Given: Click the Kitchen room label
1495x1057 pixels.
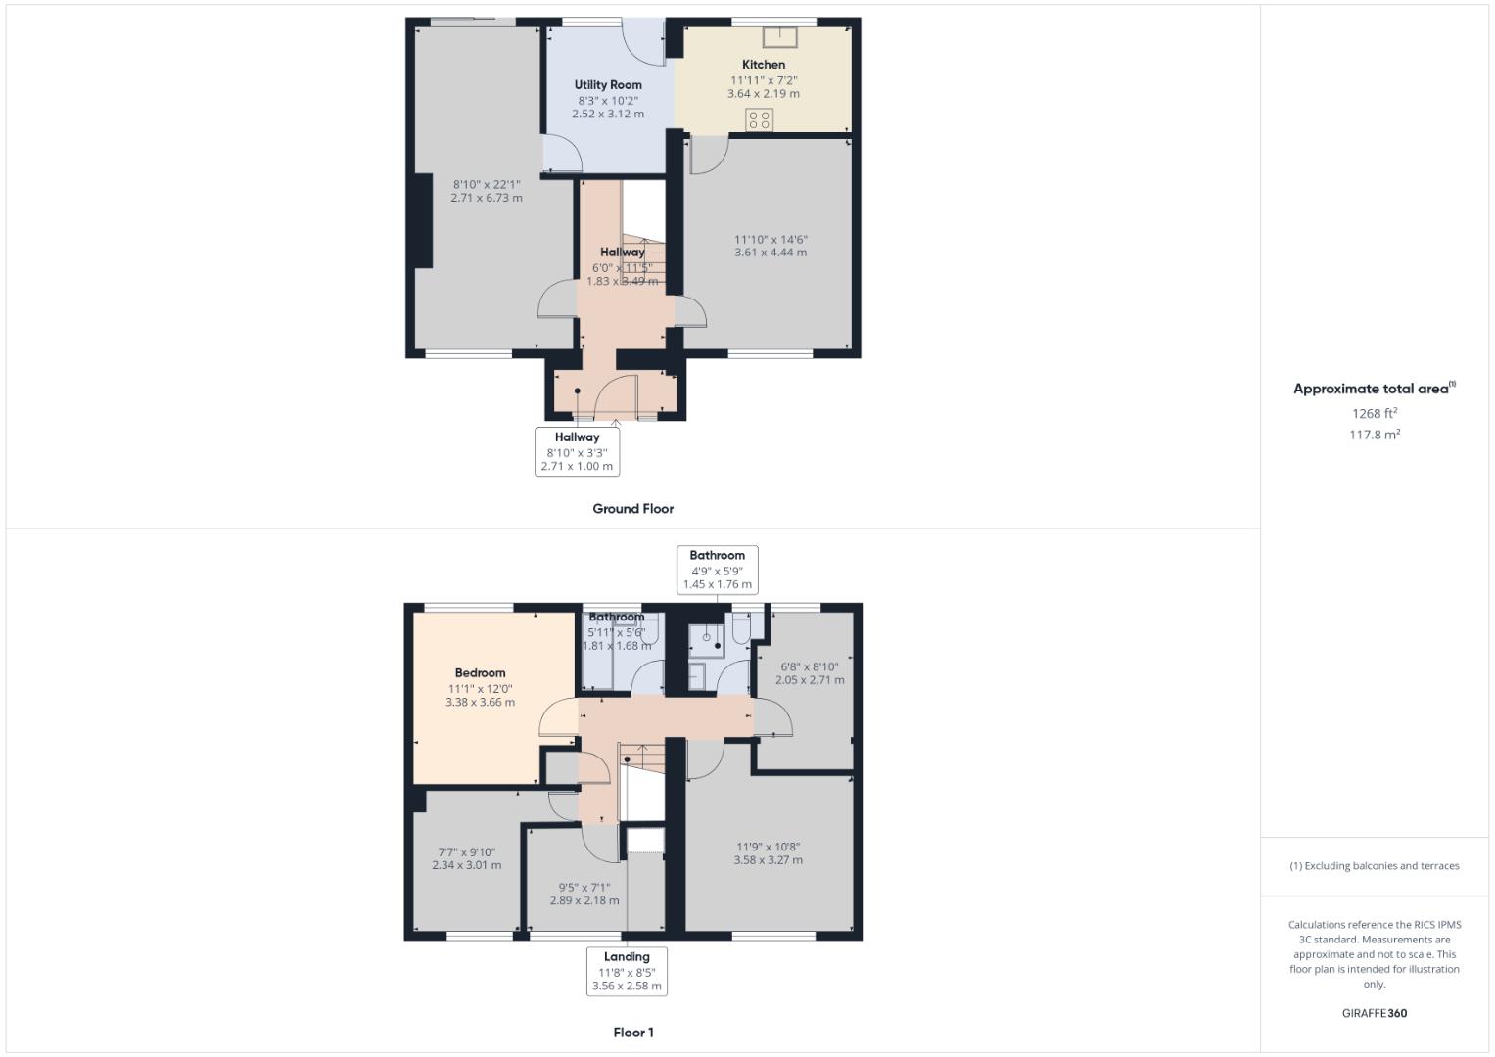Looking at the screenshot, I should (763, 65).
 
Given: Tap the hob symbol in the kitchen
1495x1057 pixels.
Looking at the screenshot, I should (760, 120).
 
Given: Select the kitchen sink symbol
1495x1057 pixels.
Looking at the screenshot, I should (780, 37).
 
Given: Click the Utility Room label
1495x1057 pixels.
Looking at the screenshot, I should (608, 85).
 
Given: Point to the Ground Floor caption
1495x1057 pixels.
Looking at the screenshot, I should (632, 509).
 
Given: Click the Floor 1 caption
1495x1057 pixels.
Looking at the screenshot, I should (632, 1033).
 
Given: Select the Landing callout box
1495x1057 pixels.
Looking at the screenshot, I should (627, 971).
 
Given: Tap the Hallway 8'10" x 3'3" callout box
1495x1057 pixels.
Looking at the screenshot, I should (577, 451).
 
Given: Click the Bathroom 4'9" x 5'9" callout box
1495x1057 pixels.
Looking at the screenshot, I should (717, 570).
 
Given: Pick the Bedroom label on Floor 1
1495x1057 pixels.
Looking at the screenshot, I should (480, 673).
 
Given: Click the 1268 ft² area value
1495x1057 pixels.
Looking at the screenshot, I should (1374, 413).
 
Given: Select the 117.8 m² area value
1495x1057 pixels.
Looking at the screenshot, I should (1374, 435).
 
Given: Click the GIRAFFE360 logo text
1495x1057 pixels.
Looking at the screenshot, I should (1374, 1013).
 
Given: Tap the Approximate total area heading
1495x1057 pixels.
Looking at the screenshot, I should (1373, 389).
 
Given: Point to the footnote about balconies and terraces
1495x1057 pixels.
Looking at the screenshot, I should (1374, 866).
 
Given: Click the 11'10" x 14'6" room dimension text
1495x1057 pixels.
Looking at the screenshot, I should (771, 246).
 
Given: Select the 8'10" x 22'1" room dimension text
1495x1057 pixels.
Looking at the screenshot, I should (487, 191).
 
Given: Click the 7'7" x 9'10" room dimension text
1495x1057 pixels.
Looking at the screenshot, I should (466, 858).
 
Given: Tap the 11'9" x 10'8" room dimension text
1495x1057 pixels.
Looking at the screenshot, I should (768, 853).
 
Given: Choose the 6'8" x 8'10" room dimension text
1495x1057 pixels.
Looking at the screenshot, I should (809, 673).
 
